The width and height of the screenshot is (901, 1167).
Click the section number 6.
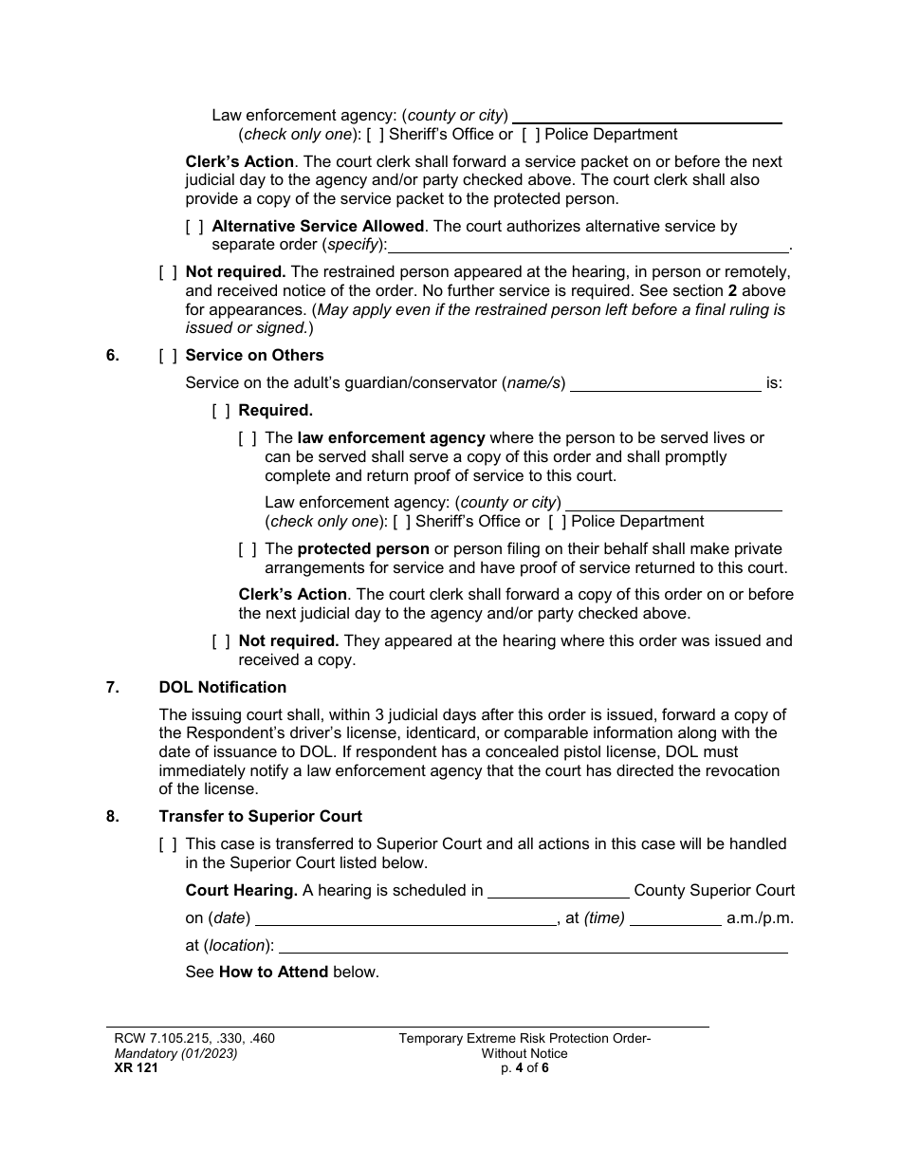(113, 355)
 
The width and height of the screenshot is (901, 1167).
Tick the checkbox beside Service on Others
(168, 355)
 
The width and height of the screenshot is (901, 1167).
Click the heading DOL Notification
(222, 687)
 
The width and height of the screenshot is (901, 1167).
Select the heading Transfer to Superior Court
(260, 816)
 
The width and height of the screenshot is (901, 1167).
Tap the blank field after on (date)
(406, 918)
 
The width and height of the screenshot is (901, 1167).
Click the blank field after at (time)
(675, 918)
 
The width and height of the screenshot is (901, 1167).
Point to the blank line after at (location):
(533, 946)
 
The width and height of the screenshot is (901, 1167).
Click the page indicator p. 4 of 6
(524, 1067)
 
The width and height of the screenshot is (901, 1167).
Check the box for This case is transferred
(168, 843)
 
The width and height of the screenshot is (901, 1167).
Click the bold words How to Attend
(273, 972)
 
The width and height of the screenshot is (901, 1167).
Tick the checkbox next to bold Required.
(221, 411)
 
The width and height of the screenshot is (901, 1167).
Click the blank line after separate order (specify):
(589, 246)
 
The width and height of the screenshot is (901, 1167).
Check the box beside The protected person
(248, 549)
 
